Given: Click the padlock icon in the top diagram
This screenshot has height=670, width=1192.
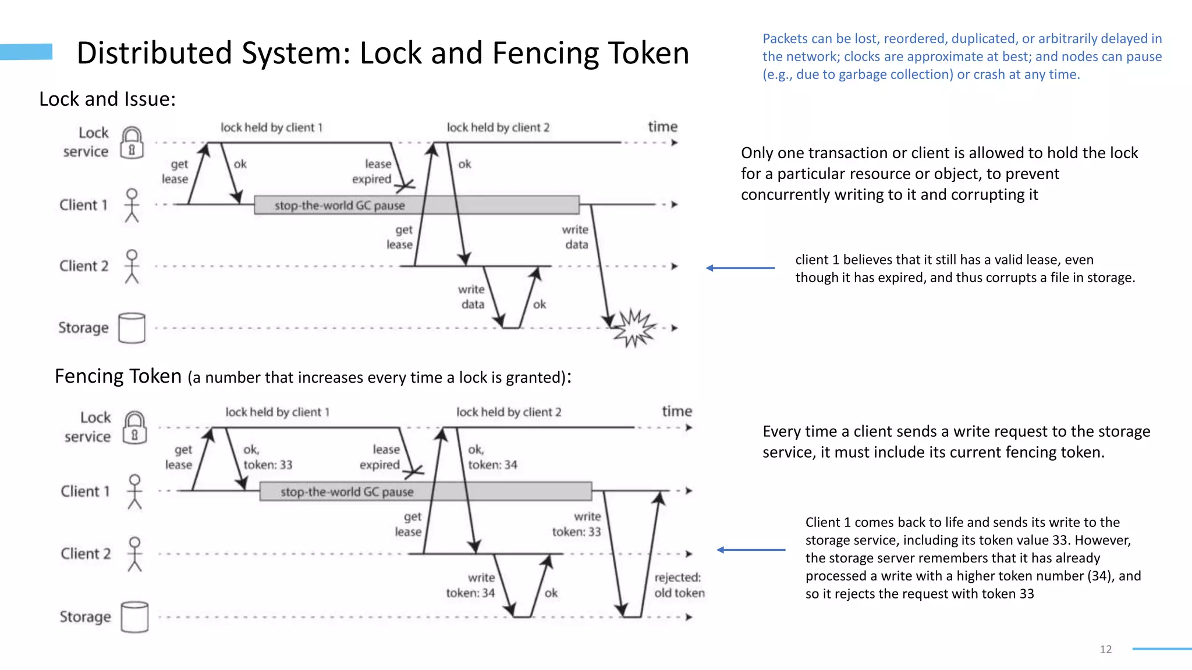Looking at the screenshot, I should click(x=132, y=142).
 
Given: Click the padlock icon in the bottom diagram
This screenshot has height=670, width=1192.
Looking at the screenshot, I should click(x=134, y=428).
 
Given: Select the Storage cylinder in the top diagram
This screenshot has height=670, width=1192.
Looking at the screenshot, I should click(x=132, y=328).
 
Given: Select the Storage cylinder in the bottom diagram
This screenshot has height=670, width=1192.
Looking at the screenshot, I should click(x=134, y=617).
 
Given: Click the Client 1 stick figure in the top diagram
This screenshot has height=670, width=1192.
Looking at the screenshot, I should click(x=132, y=205).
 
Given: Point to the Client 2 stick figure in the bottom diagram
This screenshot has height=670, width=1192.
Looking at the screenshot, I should click(x=134, y=554).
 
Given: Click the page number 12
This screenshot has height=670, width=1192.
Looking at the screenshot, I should click(x=1105, y=650).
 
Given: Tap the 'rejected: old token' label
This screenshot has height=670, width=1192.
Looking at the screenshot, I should click(x=679, y=585).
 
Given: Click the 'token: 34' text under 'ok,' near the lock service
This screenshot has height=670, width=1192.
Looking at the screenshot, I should click(x=492, y=465).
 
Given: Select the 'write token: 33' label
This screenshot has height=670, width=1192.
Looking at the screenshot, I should click(x=577, y=524).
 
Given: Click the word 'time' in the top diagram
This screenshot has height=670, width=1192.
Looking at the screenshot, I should click(x=662, y=127).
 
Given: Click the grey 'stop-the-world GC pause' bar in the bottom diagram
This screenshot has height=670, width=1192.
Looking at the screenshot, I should click(x=425, y=491).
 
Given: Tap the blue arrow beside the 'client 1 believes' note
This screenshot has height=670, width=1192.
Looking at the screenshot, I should click(x=740, y=268).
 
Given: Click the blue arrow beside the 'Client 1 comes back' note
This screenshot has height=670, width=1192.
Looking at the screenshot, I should click(x=751, y=550).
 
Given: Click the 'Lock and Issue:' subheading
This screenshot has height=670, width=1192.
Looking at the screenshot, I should click(x=107, y=99).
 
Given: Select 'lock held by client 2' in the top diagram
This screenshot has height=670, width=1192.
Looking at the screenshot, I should click(x=498, y=127).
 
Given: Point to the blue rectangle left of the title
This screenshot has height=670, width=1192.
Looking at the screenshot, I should click(x=26, y=52).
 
